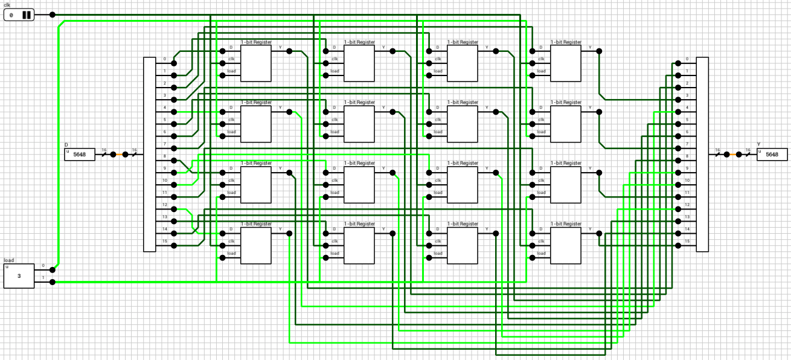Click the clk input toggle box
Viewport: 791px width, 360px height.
[x=19, y=14]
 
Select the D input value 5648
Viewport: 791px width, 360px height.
[x=80, y=155]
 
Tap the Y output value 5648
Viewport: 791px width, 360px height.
[x=772, y=155]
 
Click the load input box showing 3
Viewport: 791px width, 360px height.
[x=19, y=276]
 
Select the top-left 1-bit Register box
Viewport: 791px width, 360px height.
[x=256, y=63]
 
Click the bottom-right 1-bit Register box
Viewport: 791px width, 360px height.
[x=566, y=246]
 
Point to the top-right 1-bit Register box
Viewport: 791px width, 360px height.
[x=566, y=63]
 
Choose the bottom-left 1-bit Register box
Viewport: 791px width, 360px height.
[x=256, y=246]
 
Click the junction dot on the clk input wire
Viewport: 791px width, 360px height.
[x=53, y=14]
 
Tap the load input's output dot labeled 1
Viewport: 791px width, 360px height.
[x=53, y=282]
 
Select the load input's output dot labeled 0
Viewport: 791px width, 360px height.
[x=53, y=269]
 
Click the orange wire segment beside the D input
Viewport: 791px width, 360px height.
[x=119, y=155]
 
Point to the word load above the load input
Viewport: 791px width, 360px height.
[x=9, y=260]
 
